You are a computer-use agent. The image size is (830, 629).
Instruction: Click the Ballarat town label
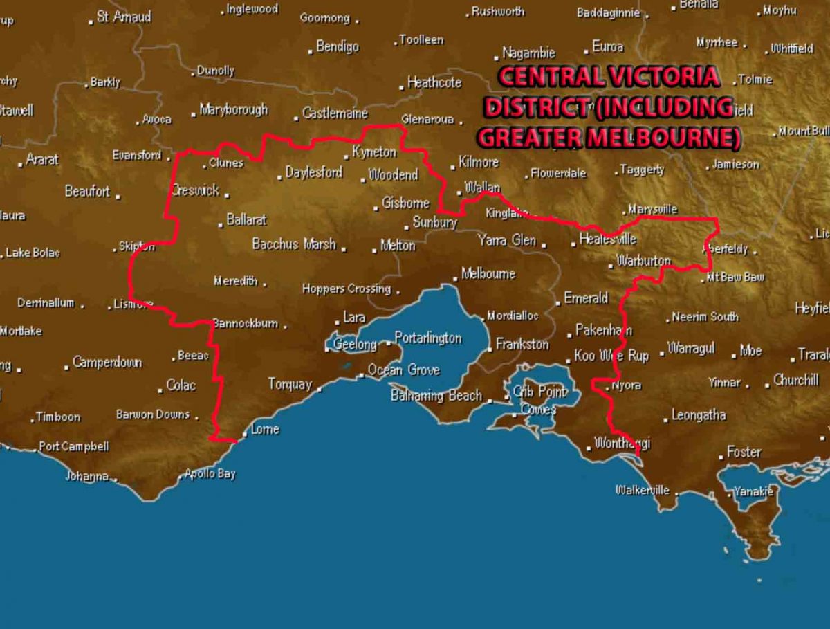(247, 220)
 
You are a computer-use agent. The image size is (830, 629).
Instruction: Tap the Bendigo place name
(338, 47)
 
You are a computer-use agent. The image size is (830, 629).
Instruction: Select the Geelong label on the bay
(355, 344)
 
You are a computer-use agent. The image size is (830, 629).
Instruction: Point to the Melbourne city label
(488, 274)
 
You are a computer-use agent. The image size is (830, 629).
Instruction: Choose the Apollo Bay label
(210, 474)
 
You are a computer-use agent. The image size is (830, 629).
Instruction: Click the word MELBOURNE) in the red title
(664, 137)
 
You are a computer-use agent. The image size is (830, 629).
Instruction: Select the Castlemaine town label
(335, 113)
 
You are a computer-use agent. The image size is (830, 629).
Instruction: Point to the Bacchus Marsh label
(294, 244)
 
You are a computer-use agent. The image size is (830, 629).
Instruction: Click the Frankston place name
(522, 344)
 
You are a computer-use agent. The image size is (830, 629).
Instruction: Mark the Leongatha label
(699, 415)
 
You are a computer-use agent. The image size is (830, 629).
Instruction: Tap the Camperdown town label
(107, 363)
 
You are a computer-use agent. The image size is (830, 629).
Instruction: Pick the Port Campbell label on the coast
(74, 446)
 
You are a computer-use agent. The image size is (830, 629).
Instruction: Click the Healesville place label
(608, 239)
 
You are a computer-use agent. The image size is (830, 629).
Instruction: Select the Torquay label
(290, 384)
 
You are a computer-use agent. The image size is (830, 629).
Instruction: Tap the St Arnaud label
(124, 17)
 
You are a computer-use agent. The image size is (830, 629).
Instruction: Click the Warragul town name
(691, 349)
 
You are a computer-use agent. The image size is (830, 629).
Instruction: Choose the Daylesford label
(314, 172)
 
